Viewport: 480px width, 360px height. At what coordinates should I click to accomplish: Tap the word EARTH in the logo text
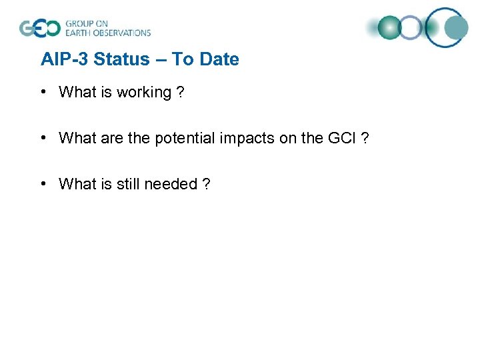(77, 33)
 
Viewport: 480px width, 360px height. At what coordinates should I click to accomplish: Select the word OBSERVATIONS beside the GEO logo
(123, 33)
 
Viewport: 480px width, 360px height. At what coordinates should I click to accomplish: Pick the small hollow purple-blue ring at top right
(411, 28)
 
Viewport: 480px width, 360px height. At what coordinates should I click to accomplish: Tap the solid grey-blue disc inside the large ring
(456, 28)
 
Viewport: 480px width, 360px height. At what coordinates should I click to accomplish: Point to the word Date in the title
(219, 59)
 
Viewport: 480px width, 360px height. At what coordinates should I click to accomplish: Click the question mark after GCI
(365, 138)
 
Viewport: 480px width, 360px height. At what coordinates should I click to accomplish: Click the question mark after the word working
(180, 93)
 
